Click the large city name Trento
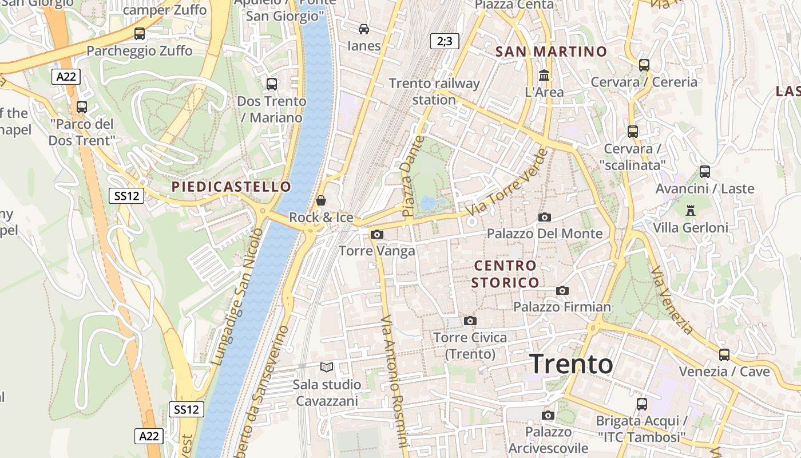point(571,364)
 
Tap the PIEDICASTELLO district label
point(231,187)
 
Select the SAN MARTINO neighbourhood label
point(551,52)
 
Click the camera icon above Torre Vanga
point(376,234)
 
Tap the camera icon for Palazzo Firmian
point(562,290)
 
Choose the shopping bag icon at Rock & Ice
point(321,200)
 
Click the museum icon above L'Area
point(544,75)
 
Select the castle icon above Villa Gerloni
point(691,211)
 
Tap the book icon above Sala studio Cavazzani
point(327,367)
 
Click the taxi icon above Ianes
point(364,29)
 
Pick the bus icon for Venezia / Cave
point(724,354)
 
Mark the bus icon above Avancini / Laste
point(705,171)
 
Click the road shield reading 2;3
point(445,41)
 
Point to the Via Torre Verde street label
point(507,182)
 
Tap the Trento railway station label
point(434,91)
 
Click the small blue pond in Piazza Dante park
point(428,203)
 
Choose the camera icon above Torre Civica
point(470,321)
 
